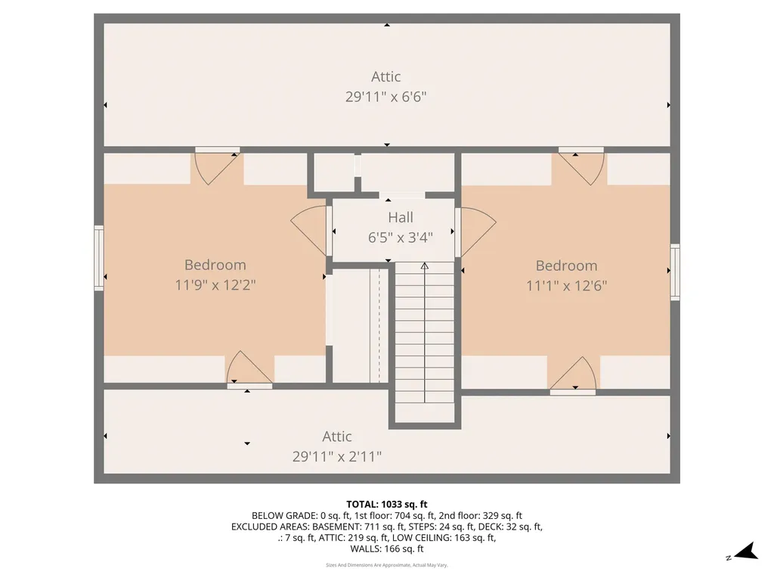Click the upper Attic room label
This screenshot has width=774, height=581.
coord(385,76)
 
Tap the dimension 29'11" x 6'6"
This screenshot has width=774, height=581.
coord(385,97)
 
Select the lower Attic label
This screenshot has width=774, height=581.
coord(337,437)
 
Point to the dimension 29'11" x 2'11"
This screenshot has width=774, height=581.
coord(337,456)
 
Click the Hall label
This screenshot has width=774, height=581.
coord(401,218)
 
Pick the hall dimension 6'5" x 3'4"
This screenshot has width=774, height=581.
coord(401,238)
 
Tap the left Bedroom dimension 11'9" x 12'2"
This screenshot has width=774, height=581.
coord(215,285)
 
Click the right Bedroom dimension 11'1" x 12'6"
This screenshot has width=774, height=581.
coord(567,285)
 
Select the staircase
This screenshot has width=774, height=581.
coord(424,340)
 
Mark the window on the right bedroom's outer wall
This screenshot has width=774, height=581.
coord(675,272)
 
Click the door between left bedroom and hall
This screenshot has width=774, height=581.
coord(311,230)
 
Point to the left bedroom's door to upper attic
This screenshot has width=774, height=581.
coord(218,165)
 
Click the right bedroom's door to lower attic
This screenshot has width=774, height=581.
coord(573,375)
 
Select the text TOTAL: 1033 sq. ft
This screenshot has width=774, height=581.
coord(387,504)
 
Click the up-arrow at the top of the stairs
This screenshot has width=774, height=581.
coord(424,266)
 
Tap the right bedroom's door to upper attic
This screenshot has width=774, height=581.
coord(580,165)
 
